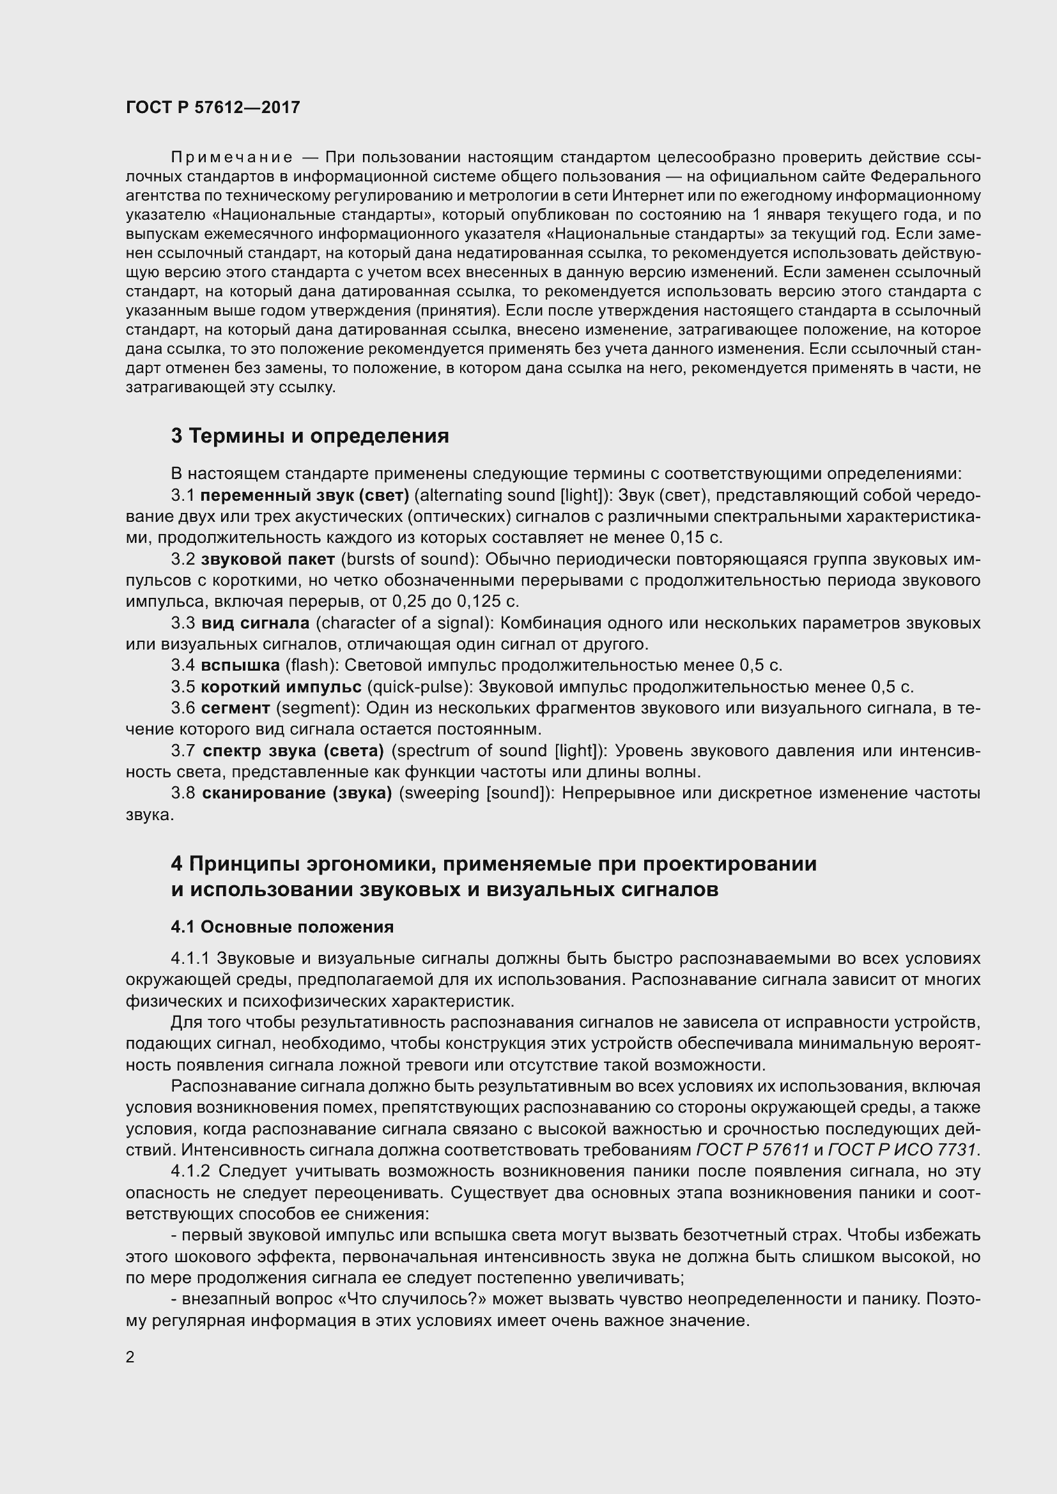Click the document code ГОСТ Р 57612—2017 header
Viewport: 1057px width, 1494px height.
tap(213, 107)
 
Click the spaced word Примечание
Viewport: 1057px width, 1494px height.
tap(232, 158)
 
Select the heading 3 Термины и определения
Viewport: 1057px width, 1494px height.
tap(310, 436)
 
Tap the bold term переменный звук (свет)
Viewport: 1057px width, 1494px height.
tap(305, 495)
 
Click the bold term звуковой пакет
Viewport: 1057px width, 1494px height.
tap(268, 559)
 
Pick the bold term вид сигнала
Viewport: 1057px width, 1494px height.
tap(255, 623)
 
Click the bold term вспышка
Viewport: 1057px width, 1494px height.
tap(240, 665)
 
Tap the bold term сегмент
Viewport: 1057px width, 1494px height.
tap(235, 708)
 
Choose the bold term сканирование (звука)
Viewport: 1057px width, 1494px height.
tap(297, 793)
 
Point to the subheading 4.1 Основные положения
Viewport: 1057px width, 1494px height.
tap(282, 927)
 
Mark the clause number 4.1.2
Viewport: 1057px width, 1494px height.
tap(190, 1171)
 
